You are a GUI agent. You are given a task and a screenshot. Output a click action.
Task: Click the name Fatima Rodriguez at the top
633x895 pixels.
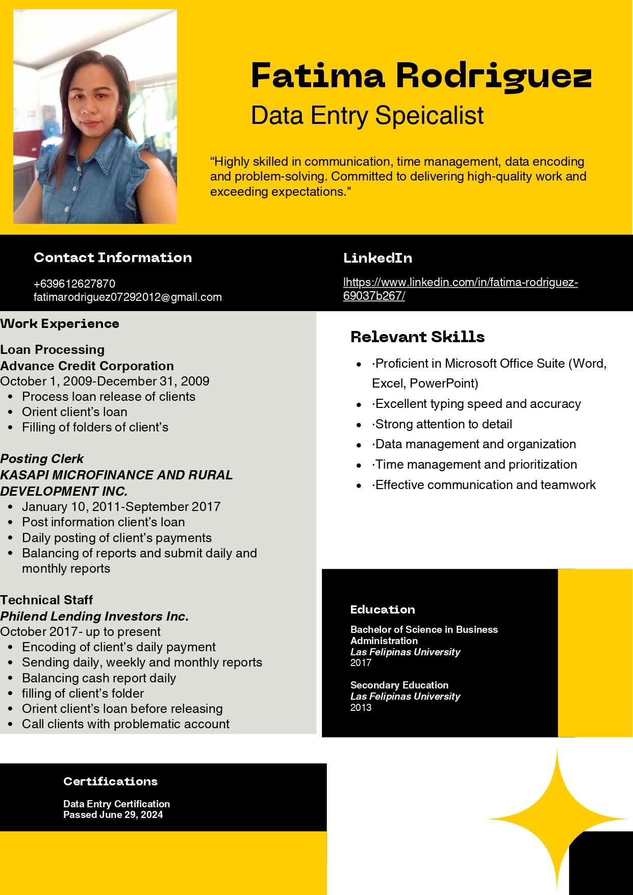pyautogui.click(x=421, y=76)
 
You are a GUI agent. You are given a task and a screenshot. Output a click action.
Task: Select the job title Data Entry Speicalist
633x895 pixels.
pyautogui.click(x=367, y=115)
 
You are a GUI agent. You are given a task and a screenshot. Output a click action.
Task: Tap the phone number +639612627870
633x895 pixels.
pyautogui.click(x=74, y=284)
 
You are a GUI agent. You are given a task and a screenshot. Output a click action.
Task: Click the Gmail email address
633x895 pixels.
pyautogui.click(x=128, y=297)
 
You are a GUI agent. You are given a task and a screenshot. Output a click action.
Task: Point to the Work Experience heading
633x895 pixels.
pyautogui.click(x=60, y=324)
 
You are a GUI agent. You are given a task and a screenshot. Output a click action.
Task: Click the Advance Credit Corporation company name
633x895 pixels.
pyautogui.click(x=87, y=366)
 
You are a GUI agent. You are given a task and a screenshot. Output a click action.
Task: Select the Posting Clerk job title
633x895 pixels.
pyautogui.click(x=42, y=458)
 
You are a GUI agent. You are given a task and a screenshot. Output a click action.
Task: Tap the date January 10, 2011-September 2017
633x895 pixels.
pyautogui.click(x=121, y=506)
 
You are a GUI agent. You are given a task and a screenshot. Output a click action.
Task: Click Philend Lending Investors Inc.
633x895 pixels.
pyautogui.click(x=94, y=616)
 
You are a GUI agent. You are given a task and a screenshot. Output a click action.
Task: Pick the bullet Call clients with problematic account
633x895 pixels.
pyautogui.click(x=125, y=724)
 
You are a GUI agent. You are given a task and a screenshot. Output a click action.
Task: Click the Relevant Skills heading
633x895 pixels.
pyautogui.click(x=417, y=337)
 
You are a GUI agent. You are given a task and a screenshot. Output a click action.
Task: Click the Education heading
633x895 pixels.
pyautogui.click(x=383, y=609)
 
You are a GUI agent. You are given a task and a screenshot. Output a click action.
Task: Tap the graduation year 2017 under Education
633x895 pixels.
pyautogui.click(x=361, y=662)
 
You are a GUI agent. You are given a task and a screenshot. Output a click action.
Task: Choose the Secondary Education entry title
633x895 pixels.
pyautogui.click(x=399, y=685)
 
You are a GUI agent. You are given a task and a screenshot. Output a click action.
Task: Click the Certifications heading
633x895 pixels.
pyautogui.click(x=110, y=781)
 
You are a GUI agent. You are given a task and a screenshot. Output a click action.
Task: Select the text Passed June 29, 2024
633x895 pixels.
pyautogui.click(x=113, y=814)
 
